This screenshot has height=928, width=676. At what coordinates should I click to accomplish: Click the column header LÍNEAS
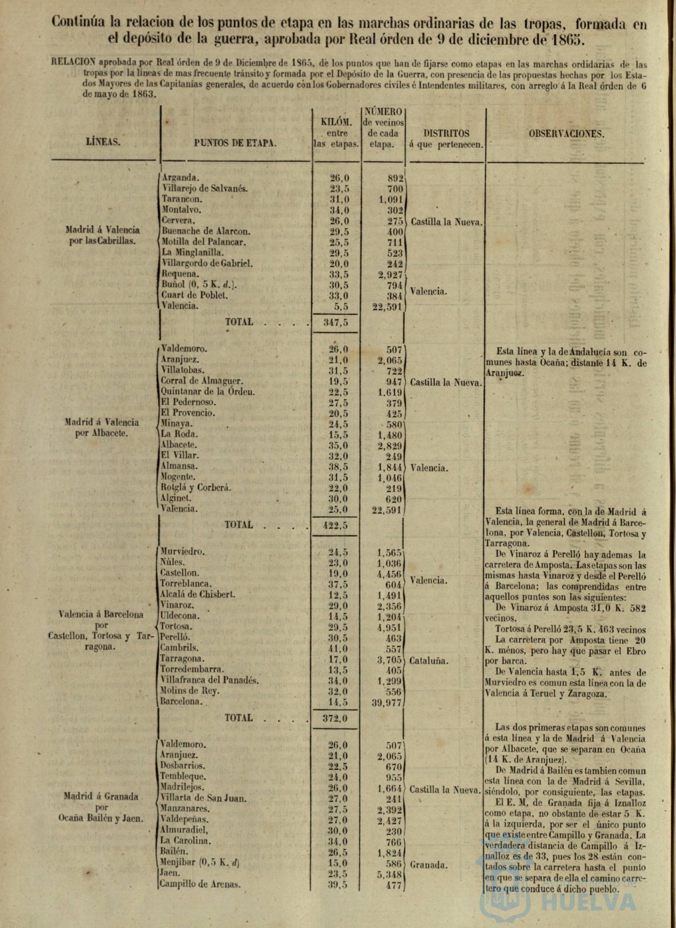click(x=103, y=142)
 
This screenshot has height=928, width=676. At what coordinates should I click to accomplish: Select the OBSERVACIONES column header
click(x=566, y=134)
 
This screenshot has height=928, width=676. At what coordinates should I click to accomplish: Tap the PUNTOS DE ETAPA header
click(x=235, y=143)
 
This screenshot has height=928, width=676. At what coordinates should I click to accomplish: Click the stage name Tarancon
click(x=182, y=199)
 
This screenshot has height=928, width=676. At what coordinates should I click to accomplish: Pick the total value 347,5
click(x=336, y=322)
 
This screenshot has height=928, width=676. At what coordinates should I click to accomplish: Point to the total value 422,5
click(x=335, y=525)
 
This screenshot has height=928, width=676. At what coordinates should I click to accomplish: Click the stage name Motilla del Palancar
click(x=204, y=242)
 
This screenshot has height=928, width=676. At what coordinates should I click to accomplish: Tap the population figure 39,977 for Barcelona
click(x=387, y=703)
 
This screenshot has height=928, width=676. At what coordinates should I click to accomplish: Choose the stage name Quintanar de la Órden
click(x=208, y=392)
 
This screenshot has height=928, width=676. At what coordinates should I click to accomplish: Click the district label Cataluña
click(x=428, y=661)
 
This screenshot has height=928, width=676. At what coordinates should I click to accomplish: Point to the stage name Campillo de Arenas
click(x=200, y=884)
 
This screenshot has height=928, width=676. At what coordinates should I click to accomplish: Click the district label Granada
click(x=429, y=865)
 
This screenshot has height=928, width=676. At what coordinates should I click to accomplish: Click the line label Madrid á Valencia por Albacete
click(x=102, y=427)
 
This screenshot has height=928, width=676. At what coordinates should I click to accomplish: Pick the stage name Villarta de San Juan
click(x=203, y=798)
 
